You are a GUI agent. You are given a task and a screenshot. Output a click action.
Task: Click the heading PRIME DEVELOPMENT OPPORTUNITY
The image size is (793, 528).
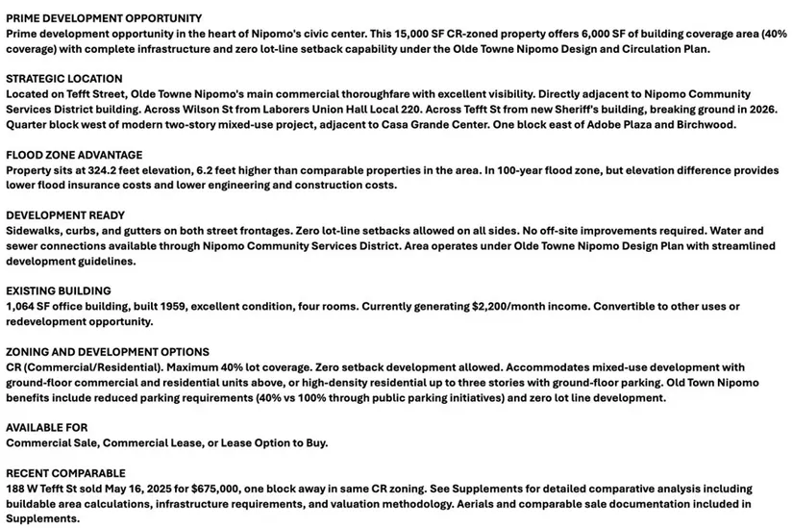(104, 18)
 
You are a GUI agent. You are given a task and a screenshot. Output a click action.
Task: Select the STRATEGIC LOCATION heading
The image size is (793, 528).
(64, 79)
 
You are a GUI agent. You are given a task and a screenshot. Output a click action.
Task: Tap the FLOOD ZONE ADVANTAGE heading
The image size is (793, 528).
(74, 155)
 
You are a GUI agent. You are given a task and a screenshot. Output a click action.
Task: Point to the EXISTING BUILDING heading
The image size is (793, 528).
(59, 290)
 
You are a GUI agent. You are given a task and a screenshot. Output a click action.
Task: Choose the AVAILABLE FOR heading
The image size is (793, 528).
(46, 427)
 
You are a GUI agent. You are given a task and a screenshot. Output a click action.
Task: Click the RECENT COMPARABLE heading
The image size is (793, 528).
(66, 473)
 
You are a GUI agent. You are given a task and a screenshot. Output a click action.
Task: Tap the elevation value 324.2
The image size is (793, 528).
(101, 170)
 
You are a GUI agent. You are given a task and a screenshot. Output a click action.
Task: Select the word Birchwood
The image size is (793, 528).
(706, 124)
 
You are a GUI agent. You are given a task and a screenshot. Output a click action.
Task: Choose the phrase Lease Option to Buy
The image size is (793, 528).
(274, 442)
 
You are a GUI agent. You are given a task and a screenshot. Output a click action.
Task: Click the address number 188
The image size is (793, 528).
(16, 489)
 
